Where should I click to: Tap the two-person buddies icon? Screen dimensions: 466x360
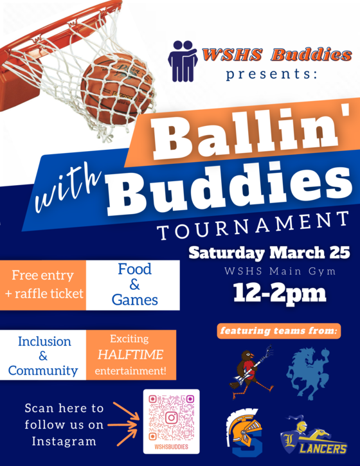183,60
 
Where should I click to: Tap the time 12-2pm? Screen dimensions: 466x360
271,294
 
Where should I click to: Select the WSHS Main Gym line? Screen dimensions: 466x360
271,271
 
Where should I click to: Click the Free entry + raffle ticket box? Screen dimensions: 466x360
43,285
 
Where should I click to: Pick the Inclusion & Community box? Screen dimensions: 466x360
43,356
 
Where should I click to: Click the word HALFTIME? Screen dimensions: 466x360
130,354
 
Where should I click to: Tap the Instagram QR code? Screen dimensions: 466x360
171,418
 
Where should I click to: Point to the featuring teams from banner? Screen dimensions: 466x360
279,332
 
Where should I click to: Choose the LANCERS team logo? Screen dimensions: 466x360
315,438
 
